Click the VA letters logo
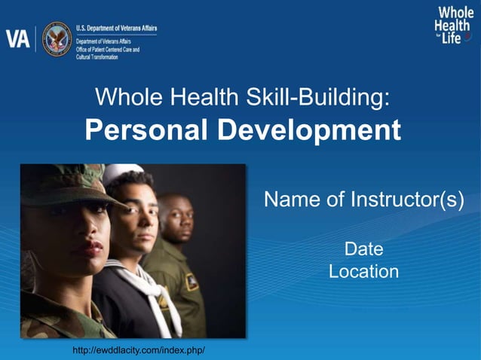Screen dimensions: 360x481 tap(18, 39)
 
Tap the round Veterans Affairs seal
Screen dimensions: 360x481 tap(57, 38)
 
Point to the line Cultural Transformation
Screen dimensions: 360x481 tap(97, 57)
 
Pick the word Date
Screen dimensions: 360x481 tap(363, 249)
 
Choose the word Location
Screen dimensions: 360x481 tap(363, 271)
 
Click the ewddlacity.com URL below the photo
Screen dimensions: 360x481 tap(139, 351)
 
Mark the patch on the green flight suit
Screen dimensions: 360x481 tap(191, 282)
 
